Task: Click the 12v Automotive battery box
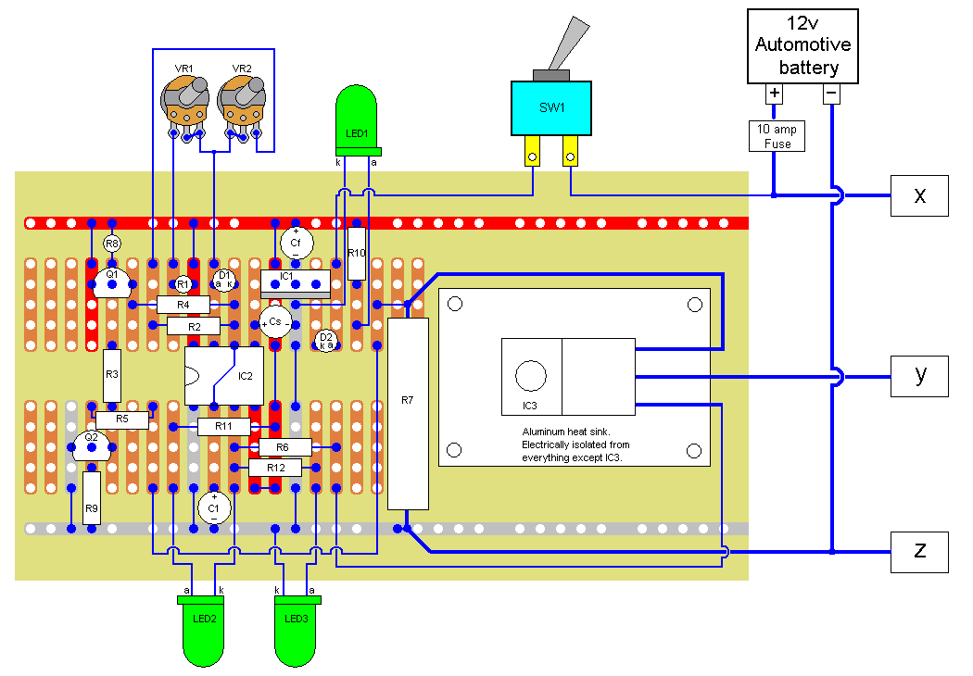[x=802, y=46]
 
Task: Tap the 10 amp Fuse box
[x=776, y=136]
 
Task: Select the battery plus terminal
[x=775, y=94]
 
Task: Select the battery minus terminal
[x=831, y=94]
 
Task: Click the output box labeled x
[x=919, y=195]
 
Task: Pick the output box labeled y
[x=919, y=375]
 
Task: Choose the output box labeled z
[x=919, y=551]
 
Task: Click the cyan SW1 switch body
[x=551, y=107]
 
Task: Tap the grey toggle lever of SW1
[x=567, y=46]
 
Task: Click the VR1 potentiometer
[x=184, y=100]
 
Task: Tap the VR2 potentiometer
[x=241, y=100]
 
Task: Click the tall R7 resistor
[x=408, y=413]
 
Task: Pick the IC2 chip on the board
[x=224, y=376]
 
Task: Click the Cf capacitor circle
[x=297, y=243]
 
